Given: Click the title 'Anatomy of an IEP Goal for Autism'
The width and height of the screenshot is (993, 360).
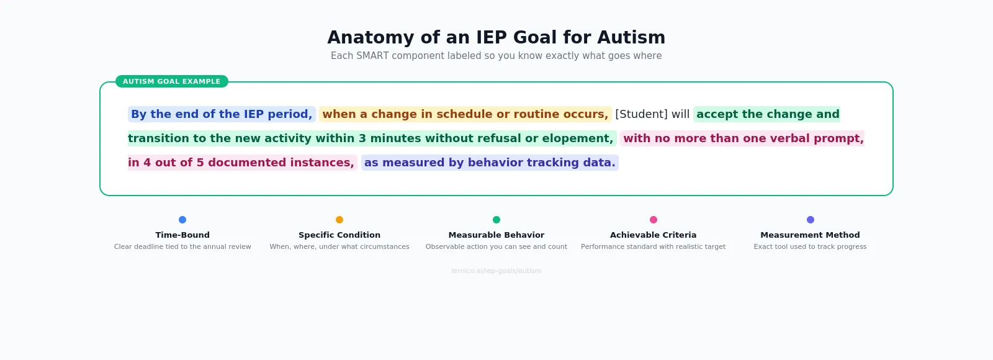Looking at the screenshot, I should click(x=496, y=37).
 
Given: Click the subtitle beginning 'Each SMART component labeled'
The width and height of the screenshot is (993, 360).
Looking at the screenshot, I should click(x=496, y=56).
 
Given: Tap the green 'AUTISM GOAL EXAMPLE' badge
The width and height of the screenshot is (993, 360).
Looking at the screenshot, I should click(x=171, y=81).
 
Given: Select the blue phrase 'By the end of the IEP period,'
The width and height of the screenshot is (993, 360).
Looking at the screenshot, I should click(x=222, y=114).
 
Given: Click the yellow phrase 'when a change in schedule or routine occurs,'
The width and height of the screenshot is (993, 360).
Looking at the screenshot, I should click(x=465, y=114).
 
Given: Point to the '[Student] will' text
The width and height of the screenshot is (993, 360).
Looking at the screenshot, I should click(x=652, y=114).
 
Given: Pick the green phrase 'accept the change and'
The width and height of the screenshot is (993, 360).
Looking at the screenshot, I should click(x=767, y=114).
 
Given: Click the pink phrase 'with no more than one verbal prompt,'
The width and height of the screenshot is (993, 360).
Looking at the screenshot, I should click(x=743, y=138).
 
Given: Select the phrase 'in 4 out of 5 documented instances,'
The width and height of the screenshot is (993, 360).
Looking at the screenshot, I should click(x=241, y=163).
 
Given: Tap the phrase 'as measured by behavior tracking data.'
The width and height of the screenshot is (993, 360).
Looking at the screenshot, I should click(x=490, y=163).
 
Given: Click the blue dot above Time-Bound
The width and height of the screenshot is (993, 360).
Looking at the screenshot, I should click(x=182, y=220).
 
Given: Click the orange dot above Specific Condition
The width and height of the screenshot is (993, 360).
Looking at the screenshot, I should click(x=339, y=220).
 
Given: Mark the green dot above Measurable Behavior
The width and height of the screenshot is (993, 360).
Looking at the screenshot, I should click(x=496, y=220).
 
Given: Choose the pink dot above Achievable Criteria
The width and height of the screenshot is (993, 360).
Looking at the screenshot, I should click(x=654, y=220).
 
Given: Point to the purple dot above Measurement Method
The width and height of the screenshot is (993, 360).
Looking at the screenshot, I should click(x=811, y=220).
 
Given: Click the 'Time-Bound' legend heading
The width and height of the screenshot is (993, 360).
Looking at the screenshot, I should click(x=182, y=235).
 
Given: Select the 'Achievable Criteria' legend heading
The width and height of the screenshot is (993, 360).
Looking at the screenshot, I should click(x=653, y=235).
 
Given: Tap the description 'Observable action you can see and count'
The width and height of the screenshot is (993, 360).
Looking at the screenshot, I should click(x=496, y=247).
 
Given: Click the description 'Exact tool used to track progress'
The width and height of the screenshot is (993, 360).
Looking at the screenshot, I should click(x=810, y=247).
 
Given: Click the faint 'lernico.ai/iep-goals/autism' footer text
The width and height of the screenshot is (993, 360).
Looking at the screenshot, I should click(x=496, y=271).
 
